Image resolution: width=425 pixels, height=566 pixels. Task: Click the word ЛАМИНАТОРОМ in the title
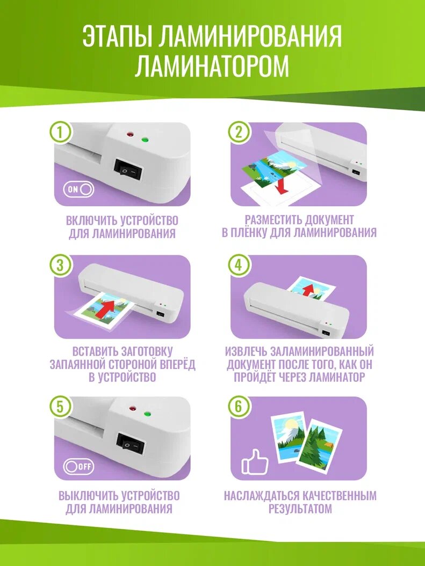click(x=212, y=65)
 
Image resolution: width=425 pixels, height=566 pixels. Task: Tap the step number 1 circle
click(x=60, y=133)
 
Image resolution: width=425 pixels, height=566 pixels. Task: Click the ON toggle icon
click(x=79, y=189)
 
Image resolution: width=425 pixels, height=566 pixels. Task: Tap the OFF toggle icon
click(x=79, y=466)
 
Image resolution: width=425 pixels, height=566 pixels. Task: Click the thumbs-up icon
click(x=255, y=461)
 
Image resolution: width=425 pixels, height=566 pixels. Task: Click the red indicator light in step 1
click(x=129, y=135)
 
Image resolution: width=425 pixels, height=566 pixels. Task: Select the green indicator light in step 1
click(x=145, y=140)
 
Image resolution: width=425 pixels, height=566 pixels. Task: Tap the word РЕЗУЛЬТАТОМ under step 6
click(x=300, y=509)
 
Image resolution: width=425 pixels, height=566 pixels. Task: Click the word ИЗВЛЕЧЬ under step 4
click(x=246, y=351)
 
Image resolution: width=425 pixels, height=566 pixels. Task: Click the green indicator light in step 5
click(x=147, y=414)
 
